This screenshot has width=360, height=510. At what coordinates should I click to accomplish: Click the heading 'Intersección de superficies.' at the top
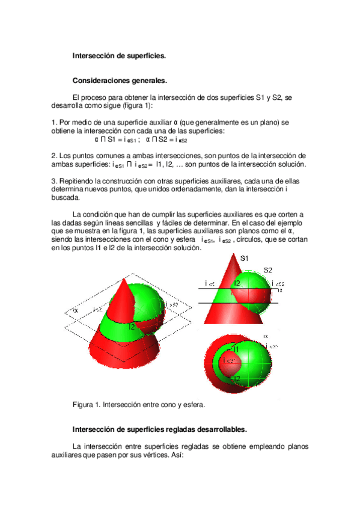(119, 55)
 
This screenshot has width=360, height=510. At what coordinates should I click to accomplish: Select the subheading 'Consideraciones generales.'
(120, 80)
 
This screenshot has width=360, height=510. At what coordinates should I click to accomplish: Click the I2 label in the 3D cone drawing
(132, 327)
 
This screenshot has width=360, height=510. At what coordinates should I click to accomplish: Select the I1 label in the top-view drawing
(236, 349)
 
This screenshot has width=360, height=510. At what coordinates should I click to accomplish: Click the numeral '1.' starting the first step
(55, 123)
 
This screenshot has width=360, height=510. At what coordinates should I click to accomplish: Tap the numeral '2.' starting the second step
(55, 156)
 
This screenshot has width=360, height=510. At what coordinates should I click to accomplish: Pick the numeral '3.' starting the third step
(55, 180)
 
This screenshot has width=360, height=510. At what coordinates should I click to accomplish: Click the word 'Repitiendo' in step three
(78, 180)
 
